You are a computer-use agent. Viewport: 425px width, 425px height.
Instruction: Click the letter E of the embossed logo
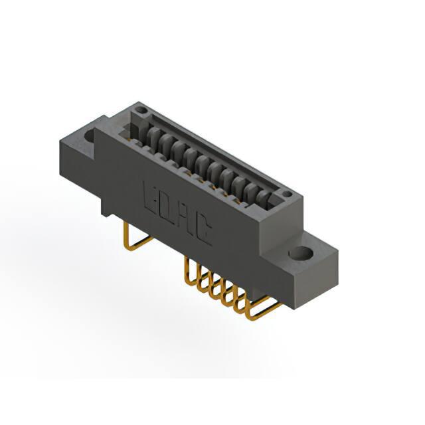pyautogui.click(x=149, y=196)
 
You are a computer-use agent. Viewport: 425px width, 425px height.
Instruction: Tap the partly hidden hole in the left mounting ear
pyautogui.click(x=90, y=135)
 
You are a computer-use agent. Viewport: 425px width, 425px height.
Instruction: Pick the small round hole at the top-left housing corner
pyautogui.click(x=141, y=110)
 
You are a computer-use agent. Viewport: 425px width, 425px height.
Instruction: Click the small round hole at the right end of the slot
pyautogui.click(x=288, y=194)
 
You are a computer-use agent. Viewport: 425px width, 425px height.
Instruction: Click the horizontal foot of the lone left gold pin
pyautogui.click(x=139, y=244)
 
